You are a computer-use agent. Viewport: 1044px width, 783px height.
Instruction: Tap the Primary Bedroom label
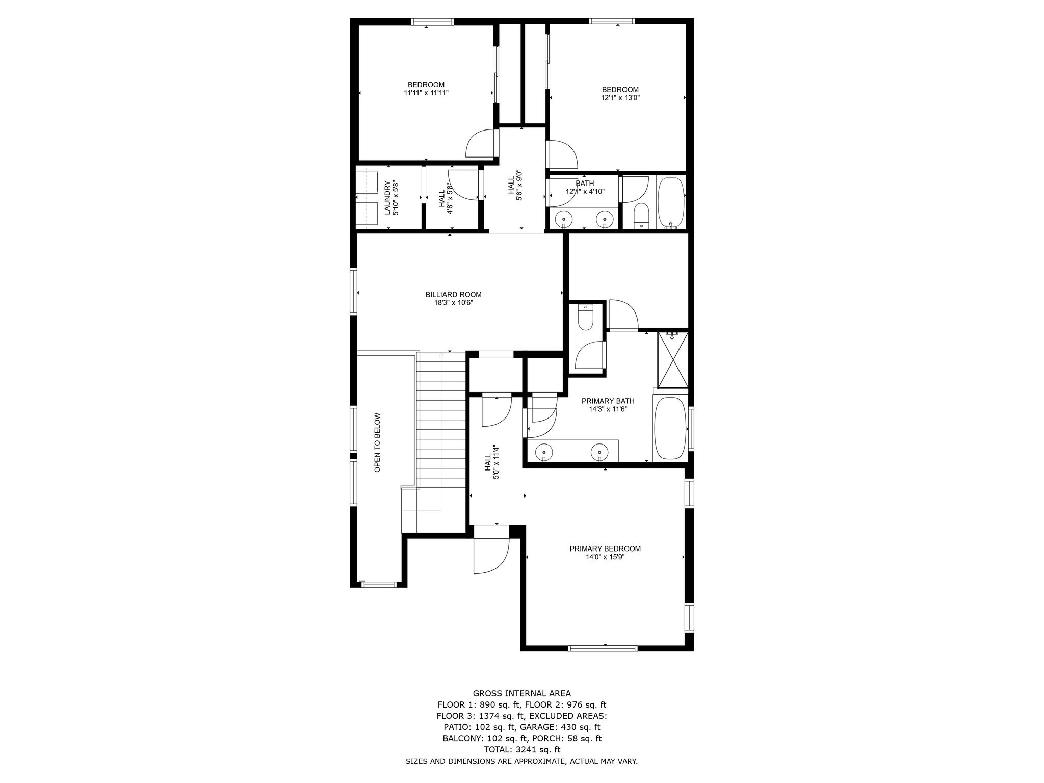[605, 549]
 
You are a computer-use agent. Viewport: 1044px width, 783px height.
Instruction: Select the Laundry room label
[387, 198]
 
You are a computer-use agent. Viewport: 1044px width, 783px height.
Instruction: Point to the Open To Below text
[377, 442]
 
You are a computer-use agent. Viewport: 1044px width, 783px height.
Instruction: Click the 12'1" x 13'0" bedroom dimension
[620, 97]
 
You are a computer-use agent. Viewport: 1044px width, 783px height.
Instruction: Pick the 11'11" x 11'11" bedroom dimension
[426, 93]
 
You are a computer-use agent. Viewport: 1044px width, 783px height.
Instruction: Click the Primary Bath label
[608, 401]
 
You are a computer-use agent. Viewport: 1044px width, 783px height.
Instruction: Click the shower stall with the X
[673, 360]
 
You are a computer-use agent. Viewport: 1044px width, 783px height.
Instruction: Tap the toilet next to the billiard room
[585, 318]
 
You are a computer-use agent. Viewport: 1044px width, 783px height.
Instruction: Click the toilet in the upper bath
[640, 217]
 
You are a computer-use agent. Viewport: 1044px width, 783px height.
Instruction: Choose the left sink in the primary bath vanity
[544, 452]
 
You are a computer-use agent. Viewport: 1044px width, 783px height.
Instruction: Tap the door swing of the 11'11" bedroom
[481, 144]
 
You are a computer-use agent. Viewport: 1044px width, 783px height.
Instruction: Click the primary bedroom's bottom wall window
[603, 648]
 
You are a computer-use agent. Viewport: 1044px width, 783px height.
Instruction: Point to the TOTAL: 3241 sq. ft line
[521, 749]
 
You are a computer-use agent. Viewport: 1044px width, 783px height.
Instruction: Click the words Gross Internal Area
[522, 693]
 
